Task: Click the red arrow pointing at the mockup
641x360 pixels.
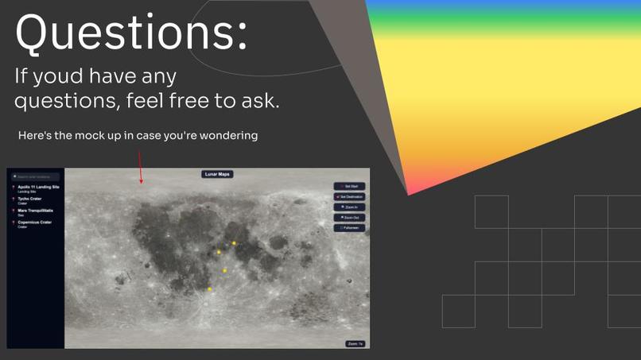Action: (x=141, y=168)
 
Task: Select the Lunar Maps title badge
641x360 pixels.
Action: (x=217, y=174)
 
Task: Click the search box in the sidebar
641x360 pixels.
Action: (x=35, y=176)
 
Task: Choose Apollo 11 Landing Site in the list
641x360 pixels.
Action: (x=38, y=188)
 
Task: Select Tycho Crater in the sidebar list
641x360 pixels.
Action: (x=30, y=199)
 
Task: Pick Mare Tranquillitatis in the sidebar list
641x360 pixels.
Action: (x=35, y=211)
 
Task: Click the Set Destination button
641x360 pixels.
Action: (x=349, y=196)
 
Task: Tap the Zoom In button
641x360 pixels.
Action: (x=349, y=207)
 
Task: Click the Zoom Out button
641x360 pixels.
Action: (x=349, y=217)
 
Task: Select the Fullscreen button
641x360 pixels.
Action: (x=349, y=227)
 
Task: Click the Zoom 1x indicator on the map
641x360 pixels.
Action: (x=355, y=343)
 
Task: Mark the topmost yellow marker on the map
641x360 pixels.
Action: (x=234, y=243)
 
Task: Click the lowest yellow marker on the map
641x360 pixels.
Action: (x=209, y=289)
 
